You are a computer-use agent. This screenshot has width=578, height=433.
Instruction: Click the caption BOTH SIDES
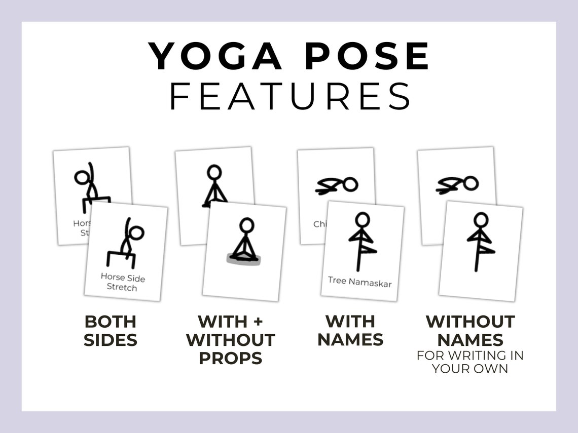[x=111, y=331]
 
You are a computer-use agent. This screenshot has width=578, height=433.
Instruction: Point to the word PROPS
[x=230, y=358]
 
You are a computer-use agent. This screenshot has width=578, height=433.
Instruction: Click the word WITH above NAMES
[x=350, y=321]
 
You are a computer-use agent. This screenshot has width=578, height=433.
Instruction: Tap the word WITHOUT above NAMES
[x=470, y=321]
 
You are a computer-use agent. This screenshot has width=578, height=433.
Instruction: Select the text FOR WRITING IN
[x=470, y=356]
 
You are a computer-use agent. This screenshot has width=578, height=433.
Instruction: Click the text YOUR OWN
[x=470, y=368]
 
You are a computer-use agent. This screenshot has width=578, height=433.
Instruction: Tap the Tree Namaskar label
[x=359, y=281]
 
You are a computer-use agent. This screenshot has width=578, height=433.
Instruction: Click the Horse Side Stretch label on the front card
[x=122, y=282]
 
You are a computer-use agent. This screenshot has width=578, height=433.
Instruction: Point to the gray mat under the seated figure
[x=245, y=260]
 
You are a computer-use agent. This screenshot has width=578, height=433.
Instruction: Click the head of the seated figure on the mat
[x=246, y=225]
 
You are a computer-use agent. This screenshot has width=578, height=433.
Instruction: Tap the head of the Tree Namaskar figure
[x=362, y=219]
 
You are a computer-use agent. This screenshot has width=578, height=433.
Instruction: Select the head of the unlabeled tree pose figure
[x=481, y=219]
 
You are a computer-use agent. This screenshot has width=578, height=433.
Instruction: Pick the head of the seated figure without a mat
[x=214, y=172]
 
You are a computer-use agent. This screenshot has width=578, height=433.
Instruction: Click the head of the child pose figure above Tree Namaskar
[x=350, y=184]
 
